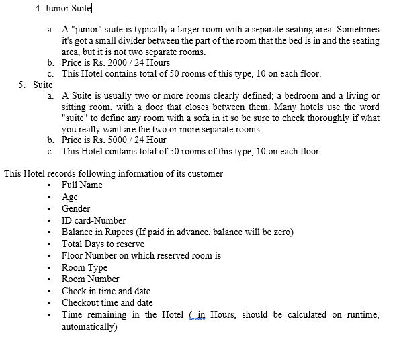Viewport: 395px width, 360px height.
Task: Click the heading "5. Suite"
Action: click(36, 85)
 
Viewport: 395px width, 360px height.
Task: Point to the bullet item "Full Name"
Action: click(82, 185)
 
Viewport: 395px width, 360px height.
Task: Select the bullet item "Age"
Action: click(70, 197)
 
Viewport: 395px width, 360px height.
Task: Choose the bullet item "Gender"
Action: click(76, 208)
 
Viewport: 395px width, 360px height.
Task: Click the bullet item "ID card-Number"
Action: click(93, 220)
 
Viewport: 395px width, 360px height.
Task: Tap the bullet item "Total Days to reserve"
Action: click(103, 244)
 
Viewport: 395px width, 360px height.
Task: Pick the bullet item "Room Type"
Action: click(85, 267)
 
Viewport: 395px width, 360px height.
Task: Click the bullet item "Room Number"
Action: click(91, 279)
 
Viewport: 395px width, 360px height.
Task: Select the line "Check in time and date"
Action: click(106, 291)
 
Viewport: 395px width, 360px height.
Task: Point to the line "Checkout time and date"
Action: click(107, 303)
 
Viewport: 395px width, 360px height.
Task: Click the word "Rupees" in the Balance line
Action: click(118, 232)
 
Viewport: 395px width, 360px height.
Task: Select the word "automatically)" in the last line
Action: click(89, 327)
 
